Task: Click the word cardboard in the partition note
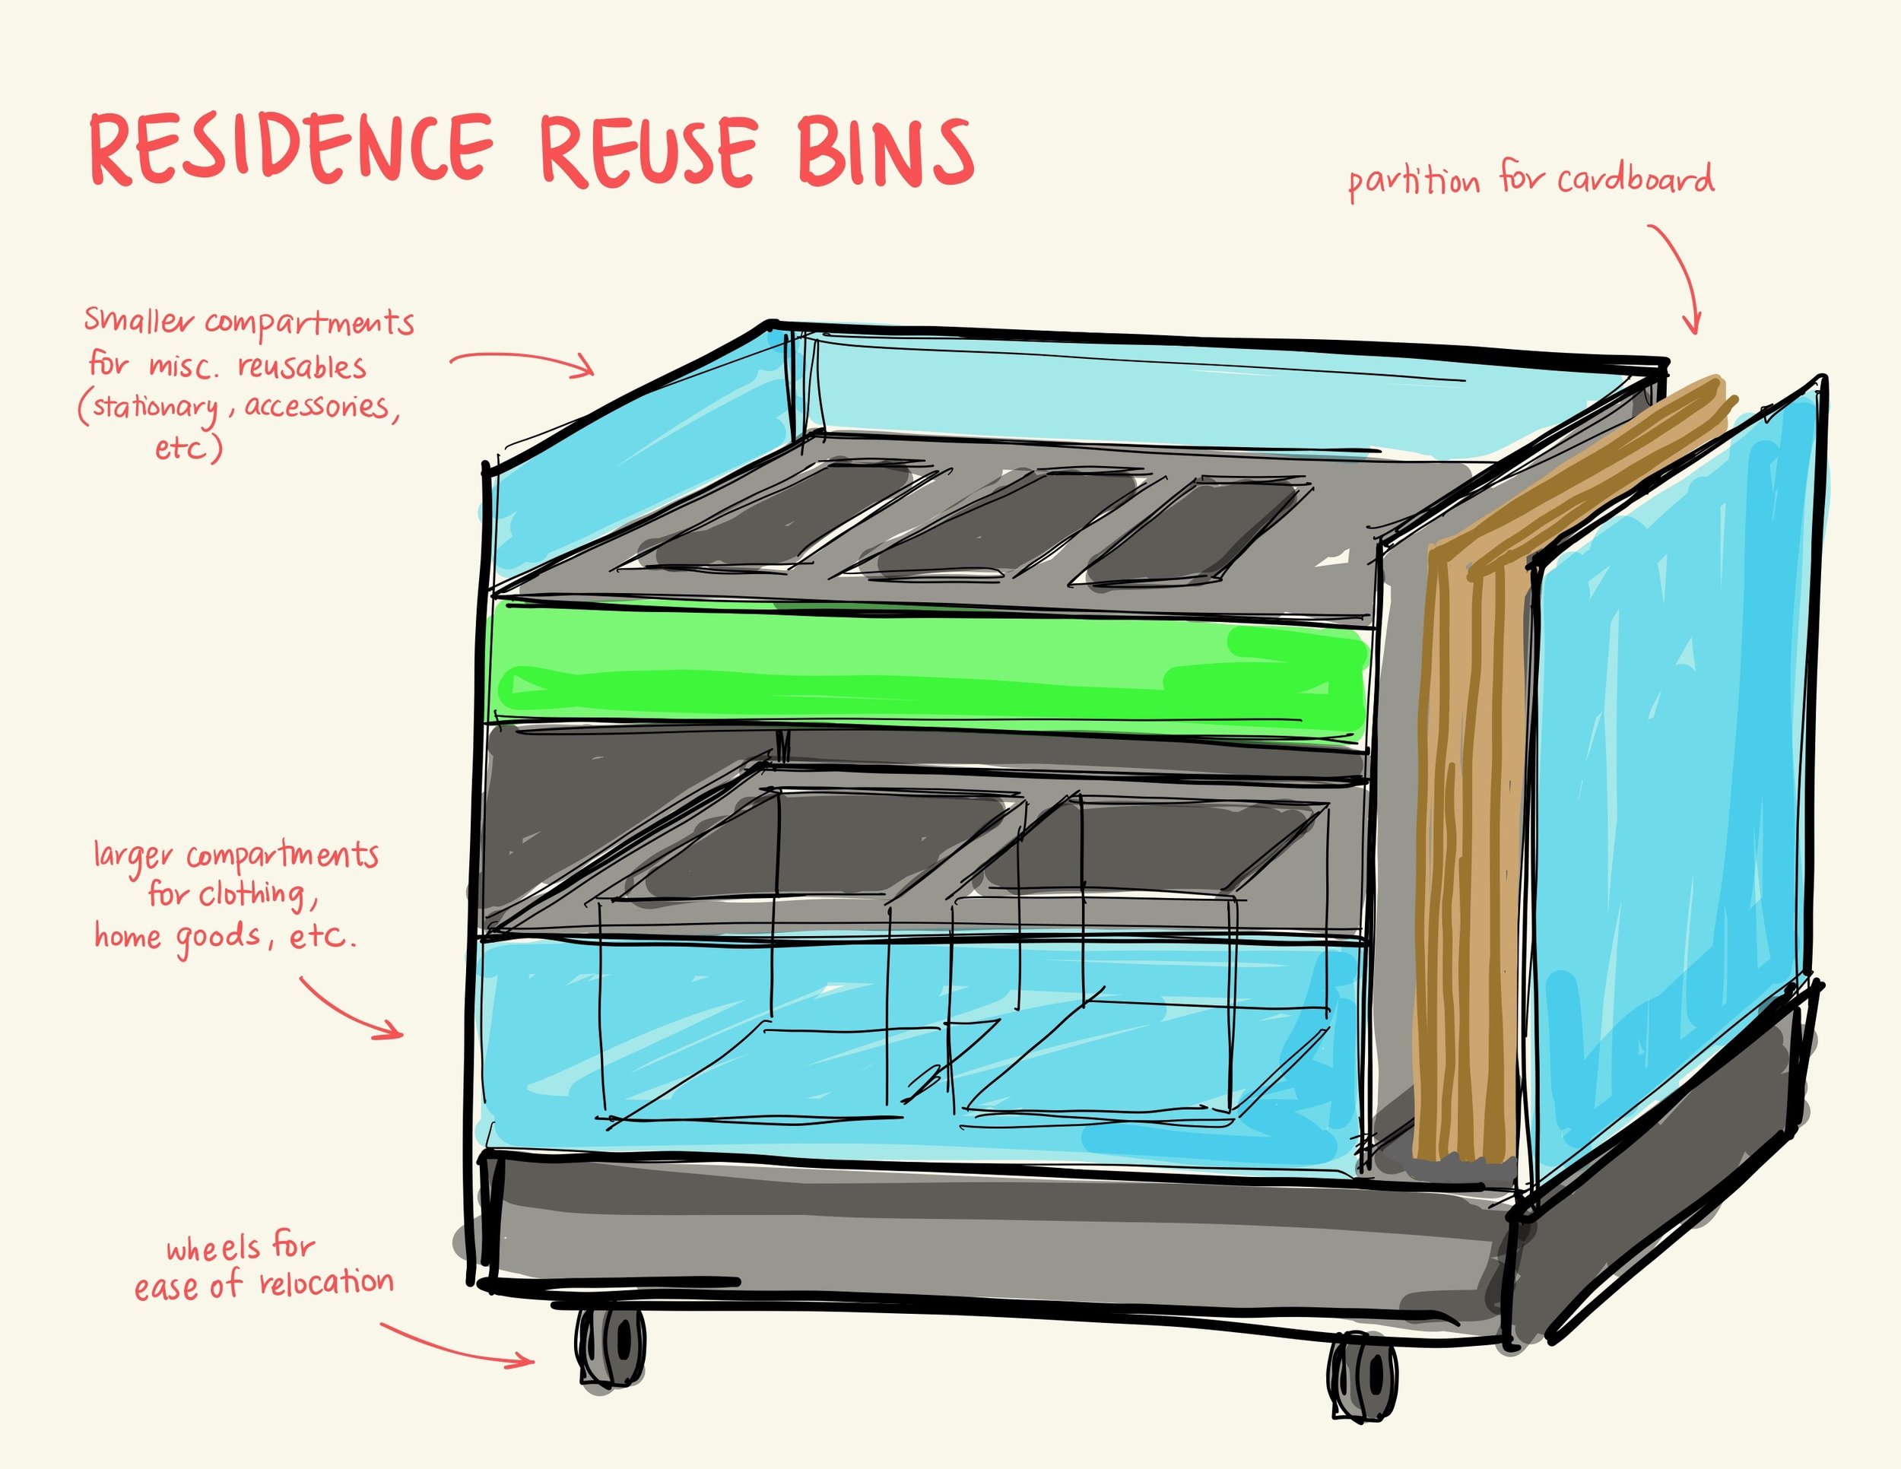coord(1636,179)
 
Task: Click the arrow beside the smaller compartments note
coord(522,361)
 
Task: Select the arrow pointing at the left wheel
coord(457,1345)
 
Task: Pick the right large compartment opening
coord(1149,849)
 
